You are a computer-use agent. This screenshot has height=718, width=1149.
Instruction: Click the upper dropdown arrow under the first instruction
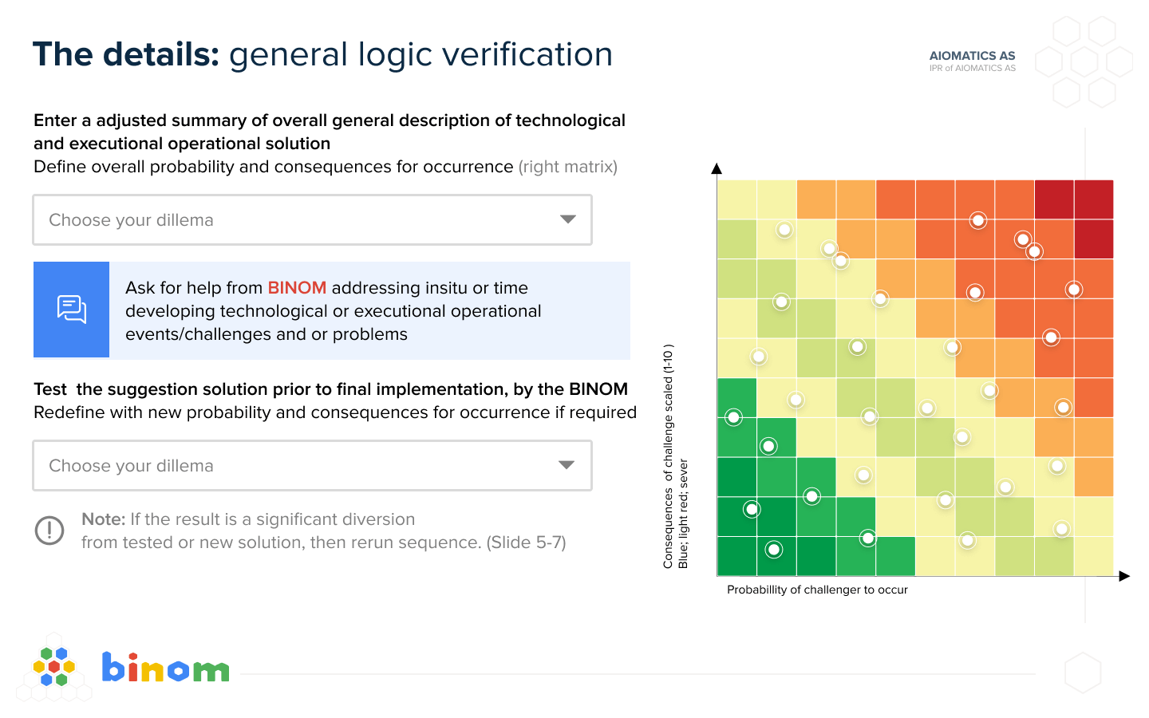click(567, 219)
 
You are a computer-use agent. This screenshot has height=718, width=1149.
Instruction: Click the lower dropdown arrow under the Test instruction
click(567, 465)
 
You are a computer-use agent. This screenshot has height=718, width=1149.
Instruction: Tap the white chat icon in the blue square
click(71, 310)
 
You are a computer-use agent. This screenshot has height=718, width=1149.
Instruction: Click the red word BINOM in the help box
click(297, 288)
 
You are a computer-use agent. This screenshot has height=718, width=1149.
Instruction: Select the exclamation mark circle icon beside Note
click(49, 531)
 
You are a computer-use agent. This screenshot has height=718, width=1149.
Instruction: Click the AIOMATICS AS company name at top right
click(972, 55)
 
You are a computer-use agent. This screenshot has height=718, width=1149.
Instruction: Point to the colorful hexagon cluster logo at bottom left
click(54, 667)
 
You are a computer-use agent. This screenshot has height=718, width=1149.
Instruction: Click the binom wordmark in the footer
click(165, 667)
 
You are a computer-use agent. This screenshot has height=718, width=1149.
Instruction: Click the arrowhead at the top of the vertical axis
click(717, 168)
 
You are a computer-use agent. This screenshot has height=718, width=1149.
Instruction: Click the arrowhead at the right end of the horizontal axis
click(1124, 576)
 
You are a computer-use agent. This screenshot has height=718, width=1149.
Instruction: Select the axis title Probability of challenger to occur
click(817, 590)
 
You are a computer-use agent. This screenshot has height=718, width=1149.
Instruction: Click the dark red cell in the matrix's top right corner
click(1094, 199)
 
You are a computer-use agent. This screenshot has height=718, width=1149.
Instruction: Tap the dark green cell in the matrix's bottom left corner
click(736, 556)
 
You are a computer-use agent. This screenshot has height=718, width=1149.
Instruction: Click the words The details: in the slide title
click(126, 54)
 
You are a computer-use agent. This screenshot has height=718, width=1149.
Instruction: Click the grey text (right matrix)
click(568, 167)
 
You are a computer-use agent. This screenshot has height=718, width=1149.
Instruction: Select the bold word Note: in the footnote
click(103, 519)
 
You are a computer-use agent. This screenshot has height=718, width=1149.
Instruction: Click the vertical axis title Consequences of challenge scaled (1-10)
click(668, 456)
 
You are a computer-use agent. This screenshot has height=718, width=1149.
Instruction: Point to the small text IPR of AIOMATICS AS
click(972, 69)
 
